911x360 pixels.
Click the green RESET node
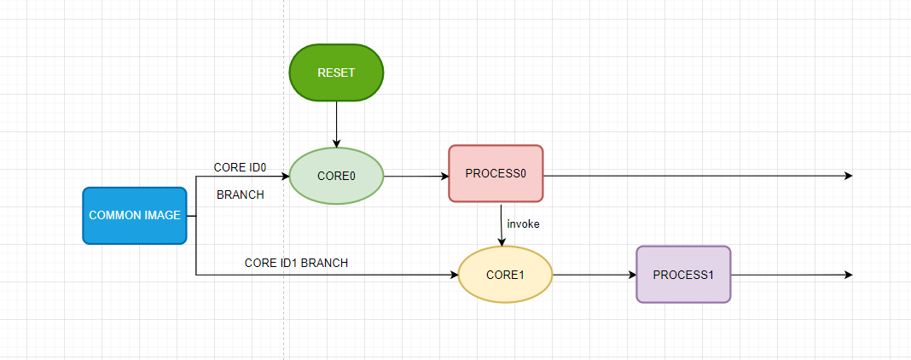pos(336,73)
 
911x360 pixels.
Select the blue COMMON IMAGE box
pos(134,216)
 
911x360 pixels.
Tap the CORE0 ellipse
pos(336,176)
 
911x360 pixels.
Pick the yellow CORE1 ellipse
pos(506,275)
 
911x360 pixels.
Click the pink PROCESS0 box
pos(496,174)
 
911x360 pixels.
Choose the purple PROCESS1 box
pos(683,275)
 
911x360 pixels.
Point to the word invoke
pos(523,224)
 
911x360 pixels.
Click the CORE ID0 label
pos(240,168)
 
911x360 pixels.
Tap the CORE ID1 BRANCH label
pos(296,263)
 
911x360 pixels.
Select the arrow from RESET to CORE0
pos(336,125)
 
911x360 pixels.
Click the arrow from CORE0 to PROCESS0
pos(416,176)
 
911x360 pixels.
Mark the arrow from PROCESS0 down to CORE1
pos(501,224)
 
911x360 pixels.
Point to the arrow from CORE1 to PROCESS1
pos(595,275)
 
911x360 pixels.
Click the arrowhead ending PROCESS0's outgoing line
pos(849,176)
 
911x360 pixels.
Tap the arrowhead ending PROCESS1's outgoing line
pos(849,275)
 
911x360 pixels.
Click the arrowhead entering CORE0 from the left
pos(285,176)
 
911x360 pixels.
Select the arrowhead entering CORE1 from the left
pos(454,275)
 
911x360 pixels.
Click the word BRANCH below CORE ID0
pos(241,195)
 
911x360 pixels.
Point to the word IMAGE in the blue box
pos(164,216)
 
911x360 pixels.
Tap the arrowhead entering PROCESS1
pos(632,275)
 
